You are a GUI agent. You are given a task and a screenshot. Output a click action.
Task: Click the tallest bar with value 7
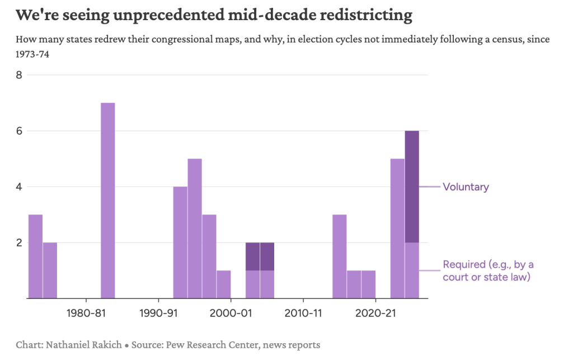tap(107, 200)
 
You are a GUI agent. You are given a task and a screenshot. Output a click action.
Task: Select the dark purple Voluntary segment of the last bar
tap(412, 186)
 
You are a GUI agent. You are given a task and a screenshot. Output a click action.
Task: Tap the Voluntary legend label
tap(466, 187)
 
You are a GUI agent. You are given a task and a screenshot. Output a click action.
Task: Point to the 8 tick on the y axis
tap(18, 74)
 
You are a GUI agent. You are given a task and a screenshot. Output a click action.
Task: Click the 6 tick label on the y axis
tap(18, 130)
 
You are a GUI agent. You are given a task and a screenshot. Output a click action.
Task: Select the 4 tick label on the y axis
tap(18, 186)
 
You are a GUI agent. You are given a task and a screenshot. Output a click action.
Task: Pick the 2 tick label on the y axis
tap(18, 242)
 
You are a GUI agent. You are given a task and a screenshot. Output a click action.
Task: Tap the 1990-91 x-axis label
tap(158, 313)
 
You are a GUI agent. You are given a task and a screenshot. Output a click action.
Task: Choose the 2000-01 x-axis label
tap(231, 313)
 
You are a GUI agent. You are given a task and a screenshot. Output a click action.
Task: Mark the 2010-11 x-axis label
tap(303, 313)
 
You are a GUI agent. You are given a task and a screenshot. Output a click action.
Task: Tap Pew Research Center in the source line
tap(217, 345)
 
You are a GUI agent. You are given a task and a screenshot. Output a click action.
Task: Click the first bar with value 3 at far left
tap(35, 256)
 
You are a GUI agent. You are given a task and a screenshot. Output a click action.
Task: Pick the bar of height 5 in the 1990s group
tap(195, 228)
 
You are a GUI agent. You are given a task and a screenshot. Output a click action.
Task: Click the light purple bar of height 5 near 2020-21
tap(397, 228)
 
